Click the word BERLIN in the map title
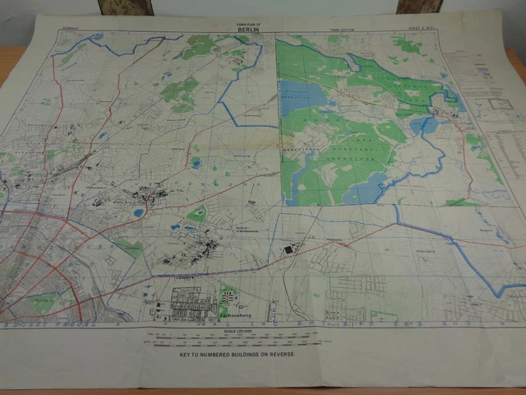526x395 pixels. pyautogui.click(x=247, y=31)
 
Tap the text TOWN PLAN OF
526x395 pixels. pyautogui.click(x=247, y=26)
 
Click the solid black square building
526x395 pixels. pyautogui.click(x=288, y=248)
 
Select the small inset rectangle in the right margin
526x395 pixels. pyautogui.click(x=499, y=104)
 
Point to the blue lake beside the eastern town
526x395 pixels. pyautogui.click(x=426, y=124)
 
